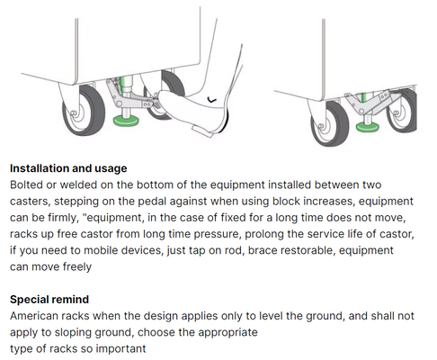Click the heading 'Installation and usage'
tap(68, 168)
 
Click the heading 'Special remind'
tap(49, 300)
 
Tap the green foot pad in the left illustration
tap(126, 121)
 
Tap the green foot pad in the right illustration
tap(368, 127)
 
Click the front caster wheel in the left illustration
tap(84, 110)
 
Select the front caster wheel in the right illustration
tap(330, 123)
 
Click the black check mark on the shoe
tap(212, 100)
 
